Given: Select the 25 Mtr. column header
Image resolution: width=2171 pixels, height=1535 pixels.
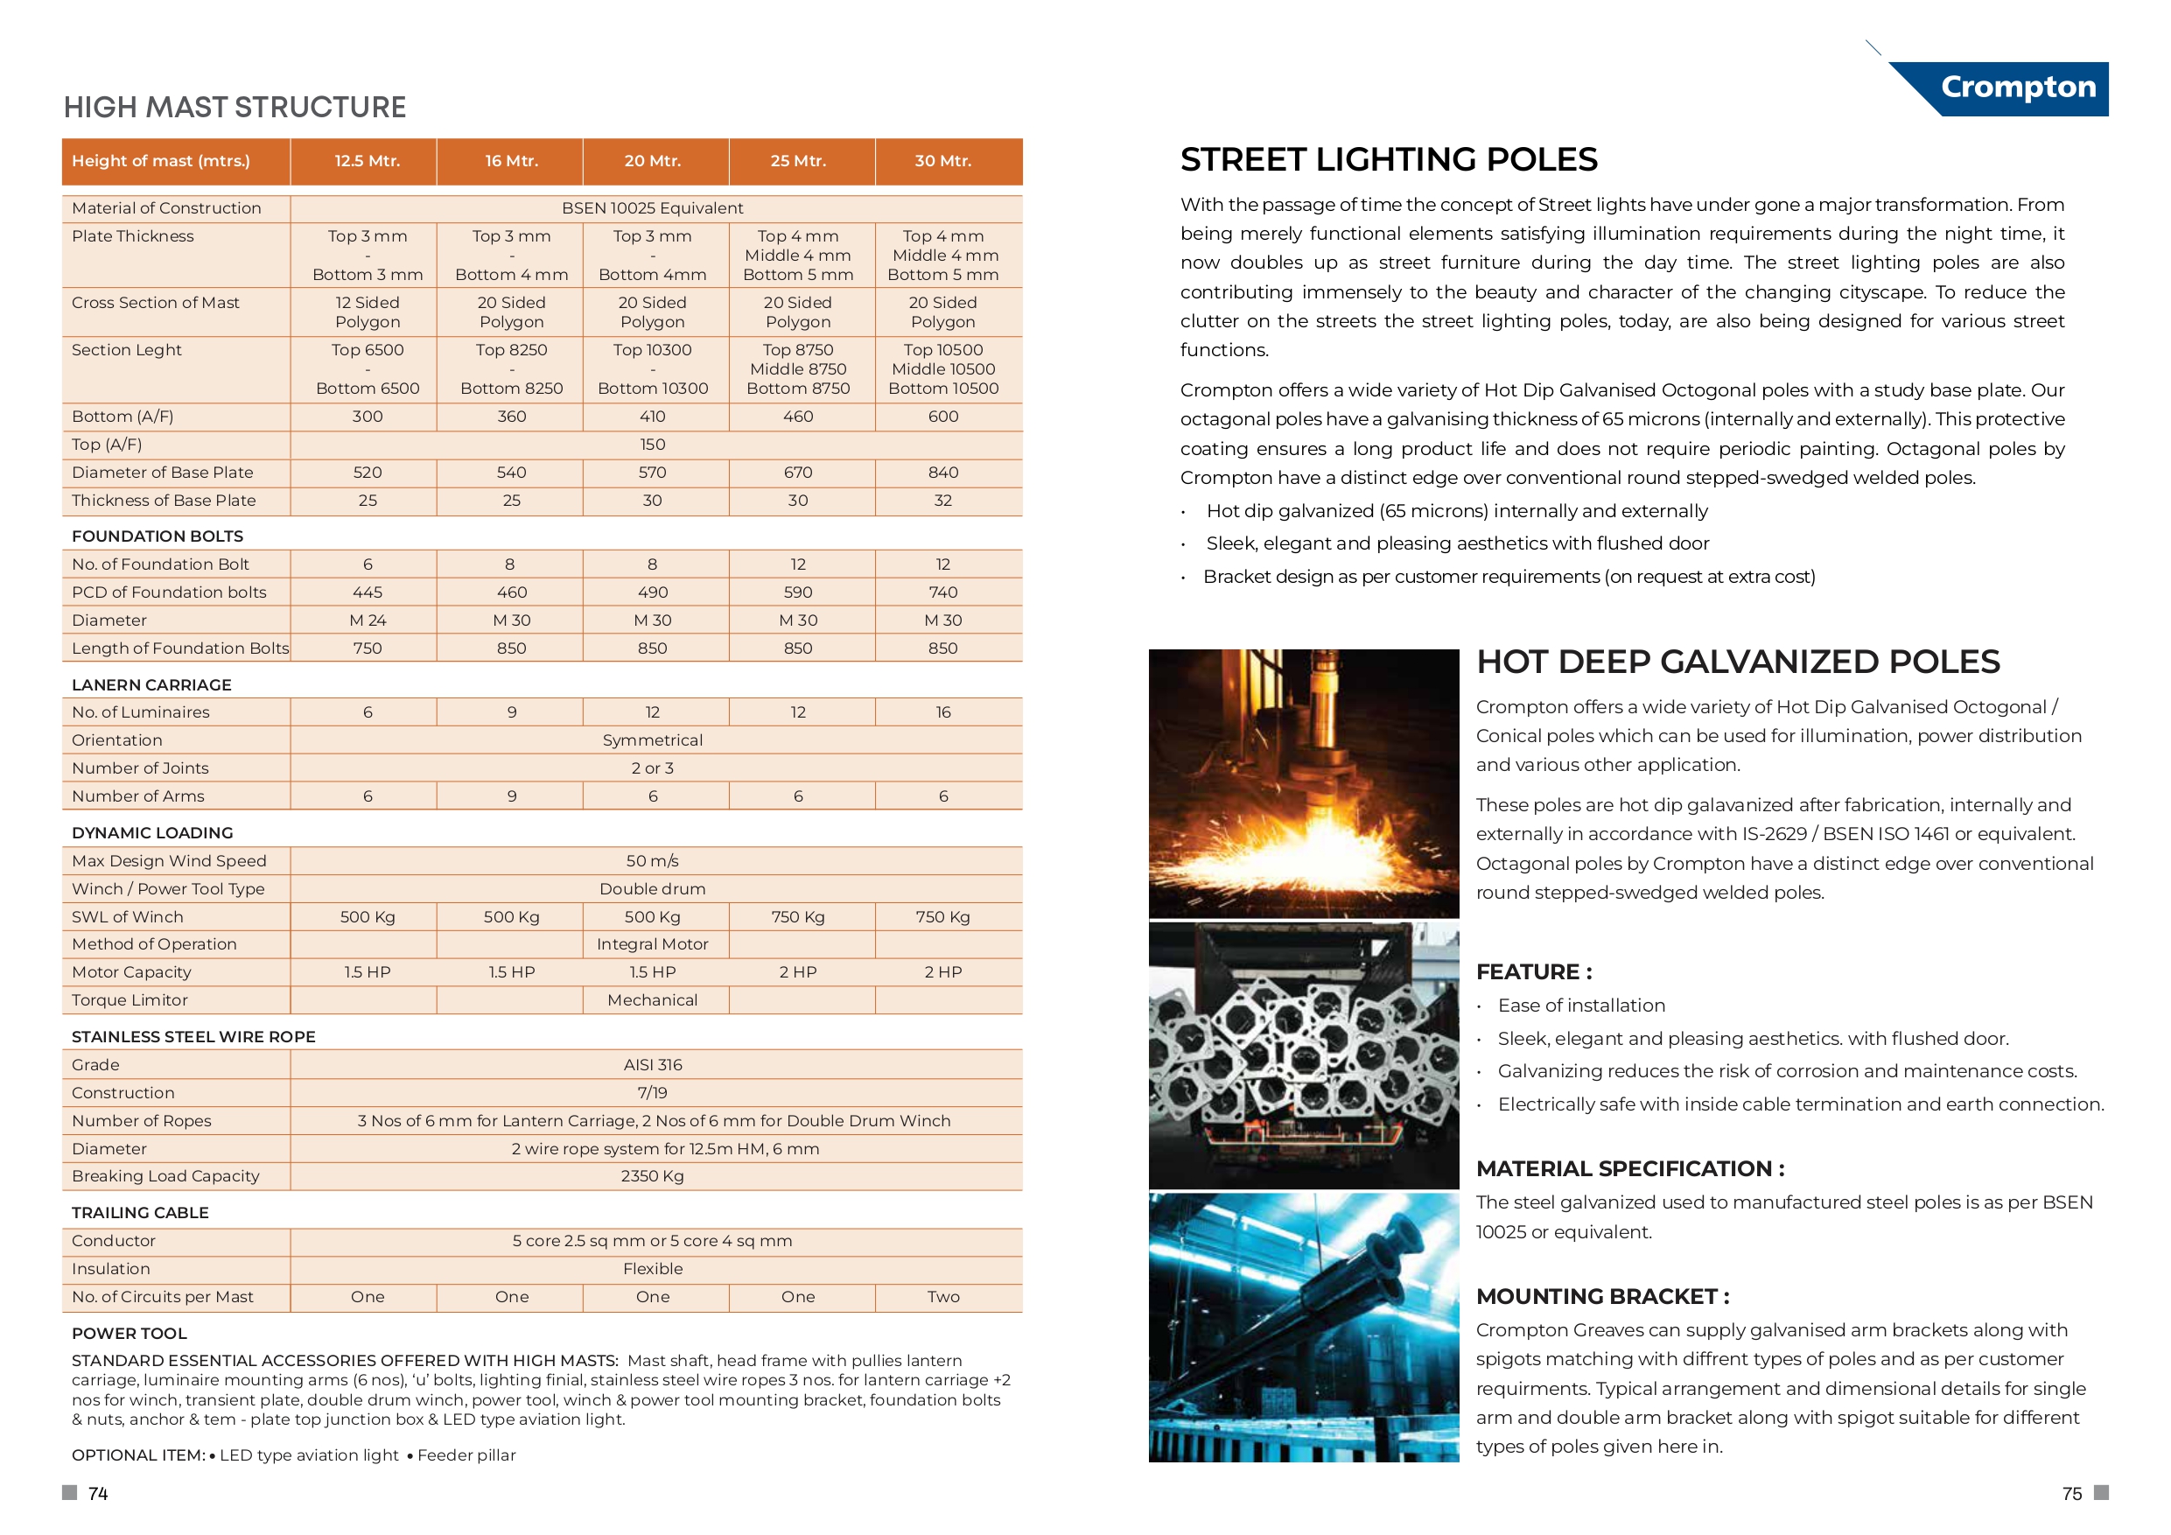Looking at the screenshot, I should coord(798,161).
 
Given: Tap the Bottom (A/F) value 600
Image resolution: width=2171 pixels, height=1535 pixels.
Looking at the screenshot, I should coord(942,417).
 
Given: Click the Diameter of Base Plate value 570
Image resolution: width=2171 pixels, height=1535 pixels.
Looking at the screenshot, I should coord(653,472).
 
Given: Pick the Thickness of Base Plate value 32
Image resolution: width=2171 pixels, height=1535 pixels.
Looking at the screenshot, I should coord(942,501).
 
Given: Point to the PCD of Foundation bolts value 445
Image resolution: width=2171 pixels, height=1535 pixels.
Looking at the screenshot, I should coord(367,592).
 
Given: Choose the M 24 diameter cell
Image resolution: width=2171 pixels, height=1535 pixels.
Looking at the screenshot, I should coord(367,620).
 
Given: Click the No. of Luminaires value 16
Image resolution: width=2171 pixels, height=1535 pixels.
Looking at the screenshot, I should coord(942,712).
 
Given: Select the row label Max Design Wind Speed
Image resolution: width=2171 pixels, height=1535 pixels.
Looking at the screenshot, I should coord(169,860).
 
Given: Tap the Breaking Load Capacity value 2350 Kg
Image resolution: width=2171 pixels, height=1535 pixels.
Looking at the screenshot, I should coord(653,1175).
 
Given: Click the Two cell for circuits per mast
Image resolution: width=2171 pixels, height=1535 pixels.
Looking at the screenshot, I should coord(942,1297).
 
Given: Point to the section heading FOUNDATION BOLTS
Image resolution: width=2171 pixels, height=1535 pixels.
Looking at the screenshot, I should coord(157,536).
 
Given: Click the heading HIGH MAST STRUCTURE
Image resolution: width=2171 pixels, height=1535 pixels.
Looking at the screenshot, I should coord(235,107).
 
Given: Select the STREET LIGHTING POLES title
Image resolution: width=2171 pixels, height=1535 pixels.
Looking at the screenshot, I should coord(1388,159).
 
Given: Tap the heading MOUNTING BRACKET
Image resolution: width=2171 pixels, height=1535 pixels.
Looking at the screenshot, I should coord(1601,1296).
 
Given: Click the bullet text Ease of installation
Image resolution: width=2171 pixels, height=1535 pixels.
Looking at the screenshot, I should coord(1581,1006).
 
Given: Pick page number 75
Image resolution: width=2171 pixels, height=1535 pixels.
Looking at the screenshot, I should coord(2072,1493).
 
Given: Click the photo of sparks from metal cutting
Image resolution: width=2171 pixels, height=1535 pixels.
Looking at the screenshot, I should coord(1303,782).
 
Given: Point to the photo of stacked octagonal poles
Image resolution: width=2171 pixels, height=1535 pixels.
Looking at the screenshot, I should coord(1303,1055).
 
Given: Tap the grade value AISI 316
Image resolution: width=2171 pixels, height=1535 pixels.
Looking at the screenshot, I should coord(653,1065).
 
